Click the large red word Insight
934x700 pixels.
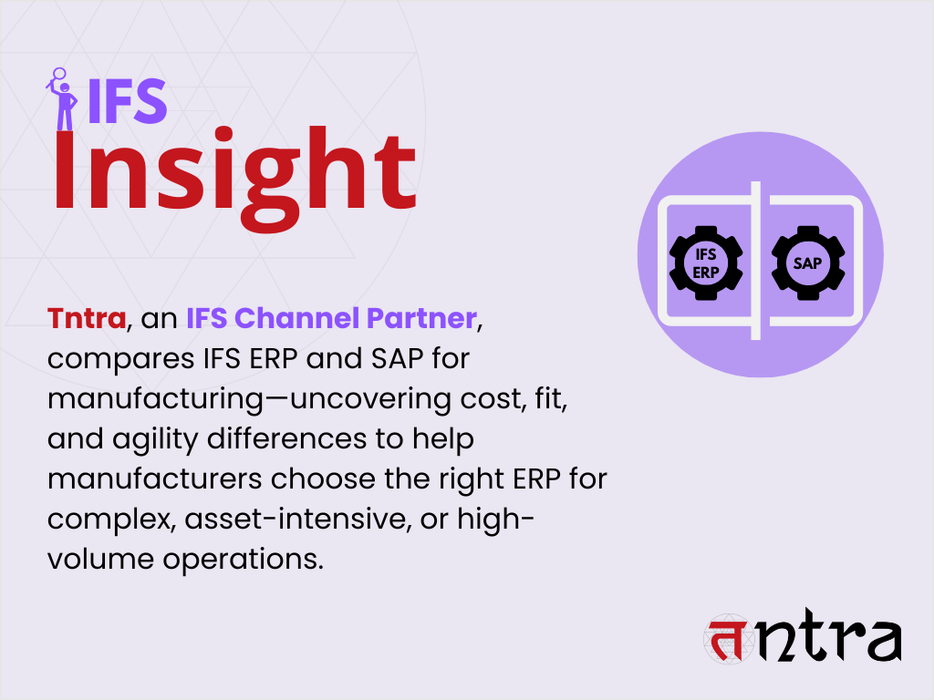[x=234, y=178]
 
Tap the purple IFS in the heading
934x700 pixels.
[x=127, y=102]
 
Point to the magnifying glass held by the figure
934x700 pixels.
[x=58, y=76]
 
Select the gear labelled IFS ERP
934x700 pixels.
[x=706, y=262]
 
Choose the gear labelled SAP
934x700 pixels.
[x=808, y=262]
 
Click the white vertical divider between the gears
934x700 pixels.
[x=756, y=260]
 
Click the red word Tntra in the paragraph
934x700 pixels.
[x=87, y=318]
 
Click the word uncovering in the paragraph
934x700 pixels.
[x=370, y=399]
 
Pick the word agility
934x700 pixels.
[x=155, y=439]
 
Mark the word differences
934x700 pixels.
[x=286, y=438]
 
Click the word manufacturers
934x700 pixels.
[x=155, y=479]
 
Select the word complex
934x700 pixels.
[x=112, y=520]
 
